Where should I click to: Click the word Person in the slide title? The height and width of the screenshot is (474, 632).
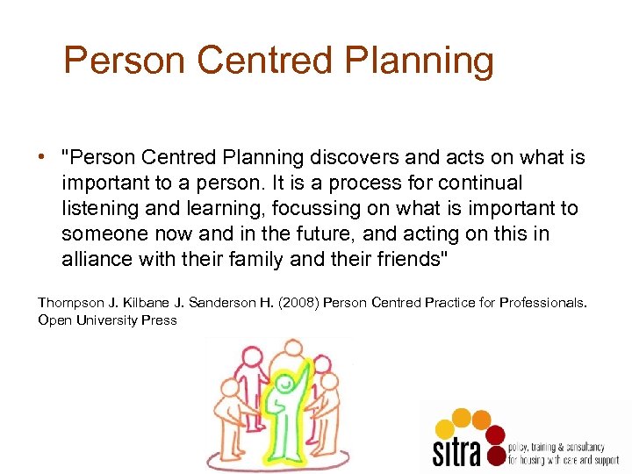(124, 61)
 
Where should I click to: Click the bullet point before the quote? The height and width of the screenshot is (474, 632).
(41, 158)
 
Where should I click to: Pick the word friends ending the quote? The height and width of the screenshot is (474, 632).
(400, 259)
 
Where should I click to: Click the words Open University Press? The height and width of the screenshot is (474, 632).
(107, 320)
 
